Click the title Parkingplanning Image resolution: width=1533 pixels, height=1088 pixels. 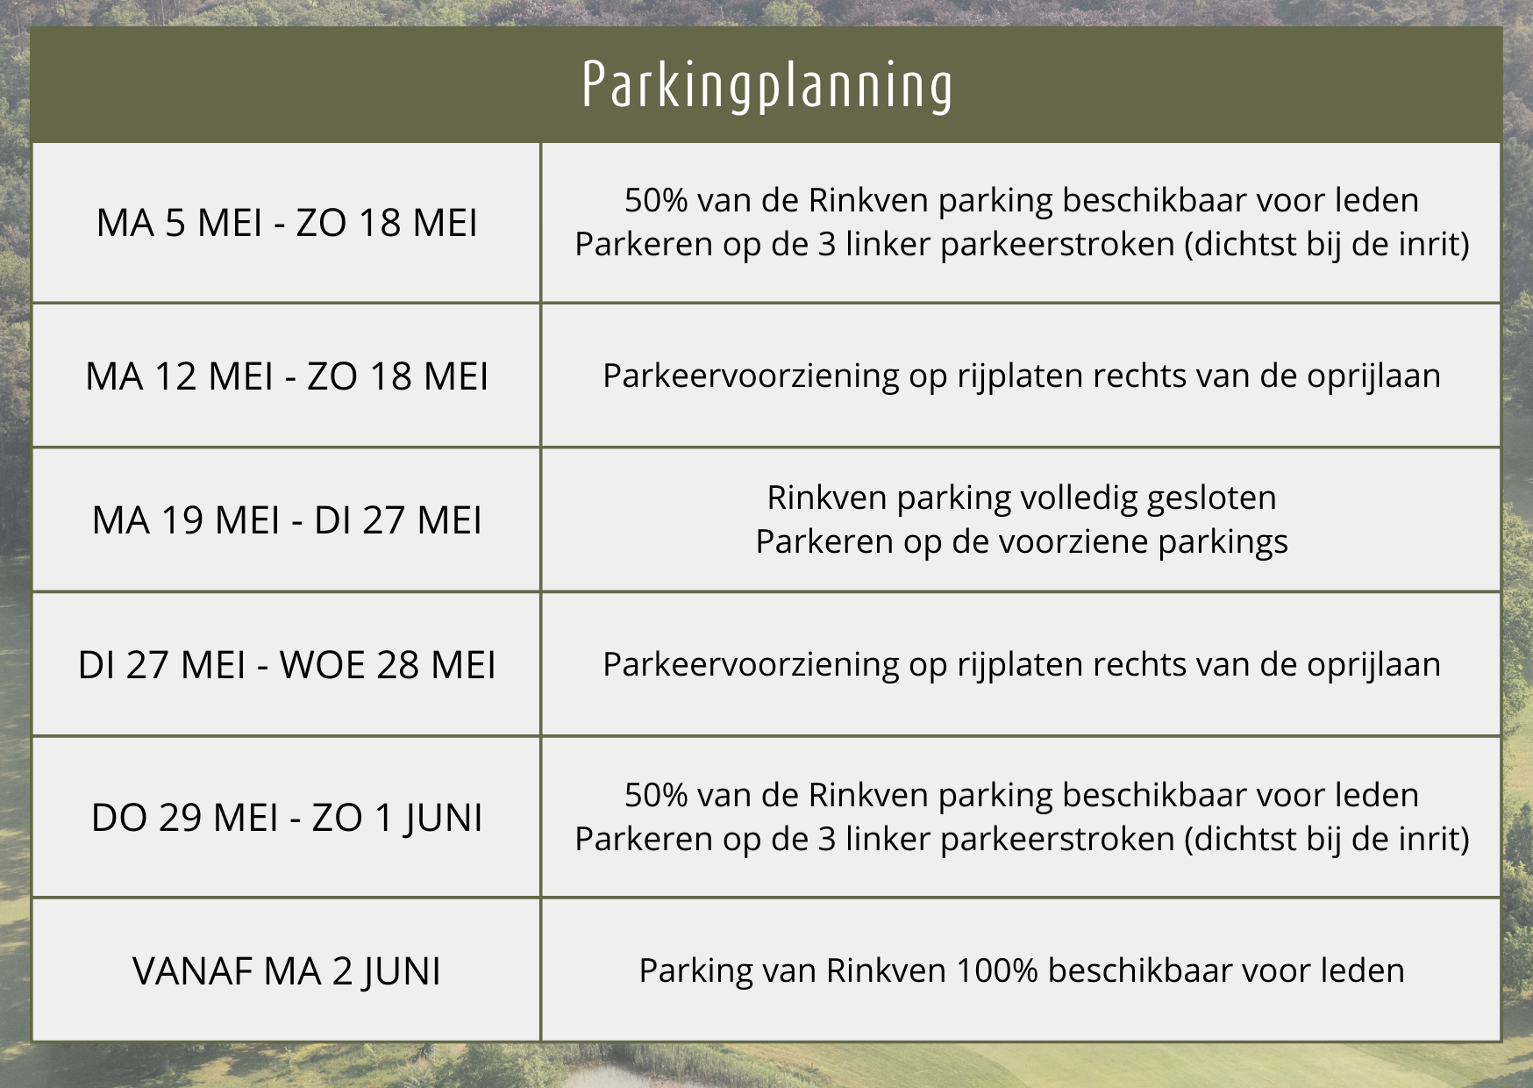[x=767, y=87]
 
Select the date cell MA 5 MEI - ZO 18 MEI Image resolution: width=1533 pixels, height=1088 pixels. [x=287, y=223]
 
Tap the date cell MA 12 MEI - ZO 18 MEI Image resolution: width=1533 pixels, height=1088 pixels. [x=287, y=376]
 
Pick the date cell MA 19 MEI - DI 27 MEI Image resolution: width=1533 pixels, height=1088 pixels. [x=287, y=519]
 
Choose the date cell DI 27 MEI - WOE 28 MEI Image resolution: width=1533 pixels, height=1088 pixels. [x=287, y=664]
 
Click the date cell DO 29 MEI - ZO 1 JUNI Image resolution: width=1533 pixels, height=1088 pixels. [x=287, y=818]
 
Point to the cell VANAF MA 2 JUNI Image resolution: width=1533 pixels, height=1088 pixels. [x=287, y=970]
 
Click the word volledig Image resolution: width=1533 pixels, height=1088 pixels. [x=1079, y=498]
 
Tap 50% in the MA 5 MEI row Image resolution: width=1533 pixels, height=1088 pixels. [x=656, y=200]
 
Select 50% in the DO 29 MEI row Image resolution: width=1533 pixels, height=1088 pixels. [x=656, y=795]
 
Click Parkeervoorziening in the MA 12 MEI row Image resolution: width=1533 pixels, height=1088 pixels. [x=751, y=376]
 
